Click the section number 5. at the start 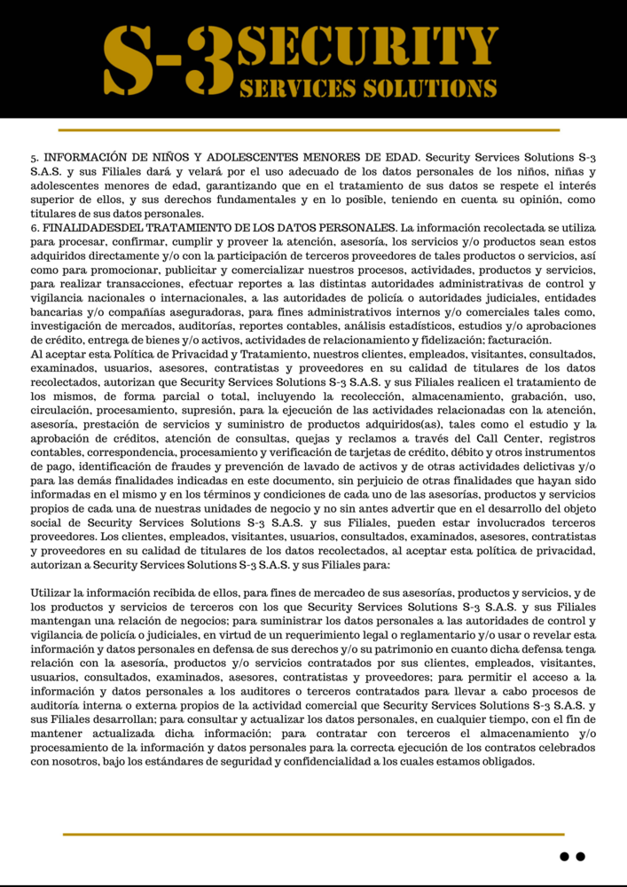(35, 155)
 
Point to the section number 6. (35, 228)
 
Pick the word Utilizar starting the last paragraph (52, 593)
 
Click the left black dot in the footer (564, 857)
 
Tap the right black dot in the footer (581, 857)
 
